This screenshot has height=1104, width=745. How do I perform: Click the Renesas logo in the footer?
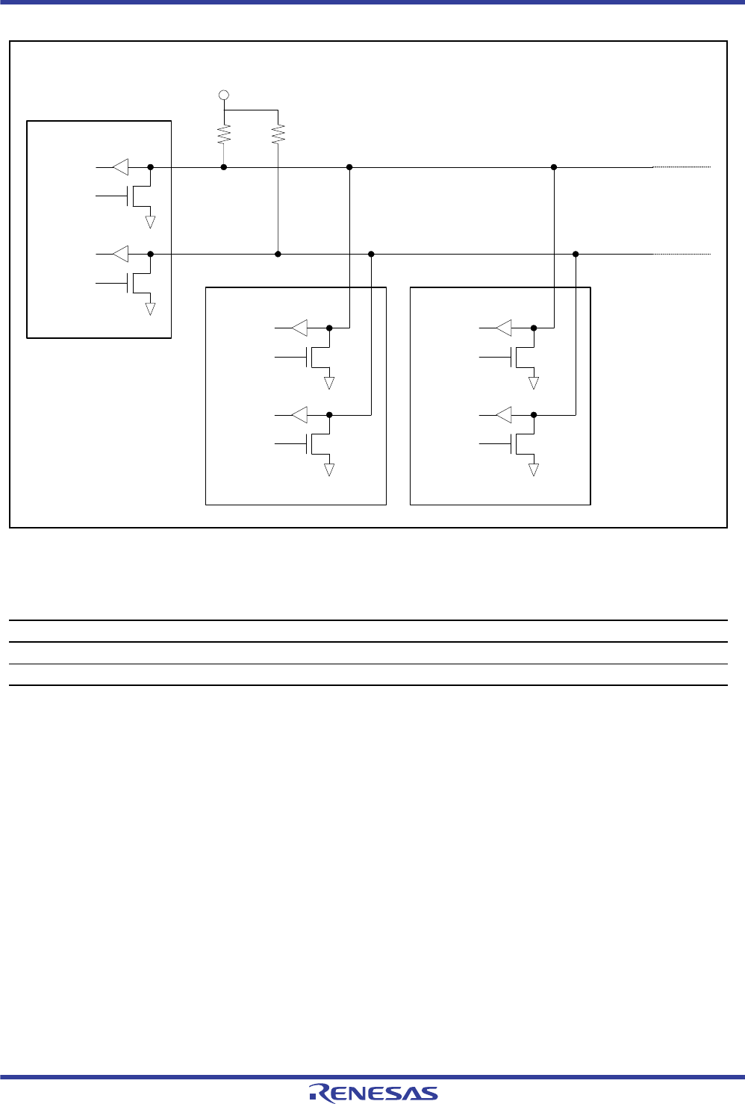coord(373,1092)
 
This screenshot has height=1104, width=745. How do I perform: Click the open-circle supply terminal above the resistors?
coord(223,96)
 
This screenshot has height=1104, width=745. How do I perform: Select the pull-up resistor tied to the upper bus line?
coord(224,134)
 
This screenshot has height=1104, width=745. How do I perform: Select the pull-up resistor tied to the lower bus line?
coord(278,134)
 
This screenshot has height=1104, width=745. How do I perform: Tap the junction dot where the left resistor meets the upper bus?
coord(224,167)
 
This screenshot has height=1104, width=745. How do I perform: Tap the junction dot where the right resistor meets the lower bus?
coord(278,254)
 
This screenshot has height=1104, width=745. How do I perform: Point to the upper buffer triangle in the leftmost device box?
coord(120,167)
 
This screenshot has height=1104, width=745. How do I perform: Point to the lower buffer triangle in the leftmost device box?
coord(120,254)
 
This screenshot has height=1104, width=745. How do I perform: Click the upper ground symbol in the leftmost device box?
coord(150,221)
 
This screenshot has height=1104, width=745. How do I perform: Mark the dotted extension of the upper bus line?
coord(682,167)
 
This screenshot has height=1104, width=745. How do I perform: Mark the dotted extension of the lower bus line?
coord(682,254)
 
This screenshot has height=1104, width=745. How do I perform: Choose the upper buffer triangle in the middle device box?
coord(299,327)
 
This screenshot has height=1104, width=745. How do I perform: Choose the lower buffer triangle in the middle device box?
coord(299,414)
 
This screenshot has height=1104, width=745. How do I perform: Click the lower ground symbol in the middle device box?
coord(328,470)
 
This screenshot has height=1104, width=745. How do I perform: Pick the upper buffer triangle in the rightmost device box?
coord(504,327)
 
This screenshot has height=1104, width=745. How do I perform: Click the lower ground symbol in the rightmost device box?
coord(534,470)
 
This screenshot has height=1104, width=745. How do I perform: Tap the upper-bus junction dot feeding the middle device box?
coord(349,167)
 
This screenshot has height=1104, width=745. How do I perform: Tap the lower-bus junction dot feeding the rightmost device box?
coord(576,254)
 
